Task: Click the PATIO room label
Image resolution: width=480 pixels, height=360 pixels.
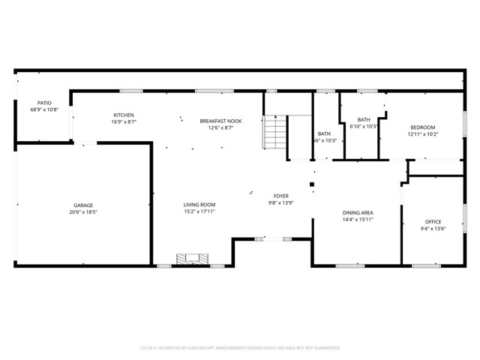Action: click(43, 103)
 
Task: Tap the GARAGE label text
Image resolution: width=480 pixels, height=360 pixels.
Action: click(82, 205)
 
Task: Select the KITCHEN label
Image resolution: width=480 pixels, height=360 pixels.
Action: click(124, 115)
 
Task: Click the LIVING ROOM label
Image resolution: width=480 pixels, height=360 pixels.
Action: click(199, 205)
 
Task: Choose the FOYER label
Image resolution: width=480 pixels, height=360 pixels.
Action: click(280, 196)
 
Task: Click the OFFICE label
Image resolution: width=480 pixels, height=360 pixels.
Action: click(433, 222)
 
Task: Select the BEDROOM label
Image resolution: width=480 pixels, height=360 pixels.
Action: click(422, 127)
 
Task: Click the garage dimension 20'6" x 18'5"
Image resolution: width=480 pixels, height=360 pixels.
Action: click(82, 212)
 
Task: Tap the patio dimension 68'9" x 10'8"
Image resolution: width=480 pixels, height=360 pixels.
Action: click(43, 109)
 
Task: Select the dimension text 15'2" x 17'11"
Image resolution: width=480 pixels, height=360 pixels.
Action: click(199, 212)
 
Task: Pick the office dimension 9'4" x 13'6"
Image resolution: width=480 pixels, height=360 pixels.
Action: click(433, 229)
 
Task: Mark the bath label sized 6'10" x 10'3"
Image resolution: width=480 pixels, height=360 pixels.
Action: click(364, 120)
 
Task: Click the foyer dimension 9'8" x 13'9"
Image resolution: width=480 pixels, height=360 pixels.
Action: click(280, 203)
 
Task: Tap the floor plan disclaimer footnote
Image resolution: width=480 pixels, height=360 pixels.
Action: click(240, 348)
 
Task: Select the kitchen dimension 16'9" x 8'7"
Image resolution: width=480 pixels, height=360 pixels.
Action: click(124, 121)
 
